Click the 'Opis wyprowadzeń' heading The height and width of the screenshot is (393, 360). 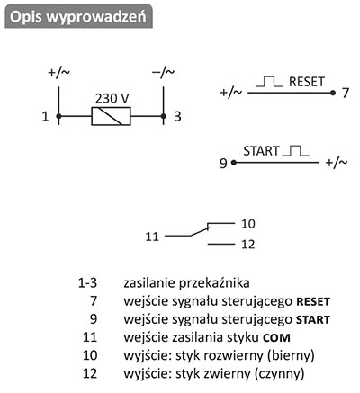[x=78, y=16]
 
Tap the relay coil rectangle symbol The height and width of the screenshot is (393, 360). [x=111, y=116]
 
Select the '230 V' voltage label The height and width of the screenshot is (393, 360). [x=112, y=98]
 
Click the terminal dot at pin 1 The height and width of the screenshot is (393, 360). [x=58, y=116]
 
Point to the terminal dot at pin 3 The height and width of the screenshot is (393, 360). [x=163, y=116]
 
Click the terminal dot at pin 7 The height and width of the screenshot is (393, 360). [x=332, y=93]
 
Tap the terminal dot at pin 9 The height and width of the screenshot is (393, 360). [x=234, y=163]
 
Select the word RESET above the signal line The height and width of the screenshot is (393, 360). [x=307, y=82]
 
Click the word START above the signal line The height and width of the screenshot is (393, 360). [x=261, y=151]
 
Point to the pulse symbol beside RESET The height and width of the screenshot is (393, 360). [x=269, y=82]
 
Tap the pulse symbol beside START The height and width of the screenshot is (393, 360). [x=295, y=151]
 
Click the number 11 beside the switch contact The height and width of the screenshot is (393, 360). [x=152, y=237]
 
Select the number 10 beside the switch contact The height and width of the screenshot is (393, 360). [x=248, y=224]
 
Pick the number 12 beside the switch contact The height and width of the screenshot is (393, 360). [x=248, y=245]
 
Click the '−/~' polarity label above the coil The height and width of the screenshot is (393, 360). [x=164, y=72]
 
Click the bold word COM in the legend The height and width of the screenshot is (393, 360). [x=276, y=338]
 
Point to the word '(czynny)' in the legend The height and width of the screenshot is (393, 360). [x=279, y=374]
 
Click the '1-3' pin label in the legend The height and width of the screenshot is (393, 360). [x=87, y=283]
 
